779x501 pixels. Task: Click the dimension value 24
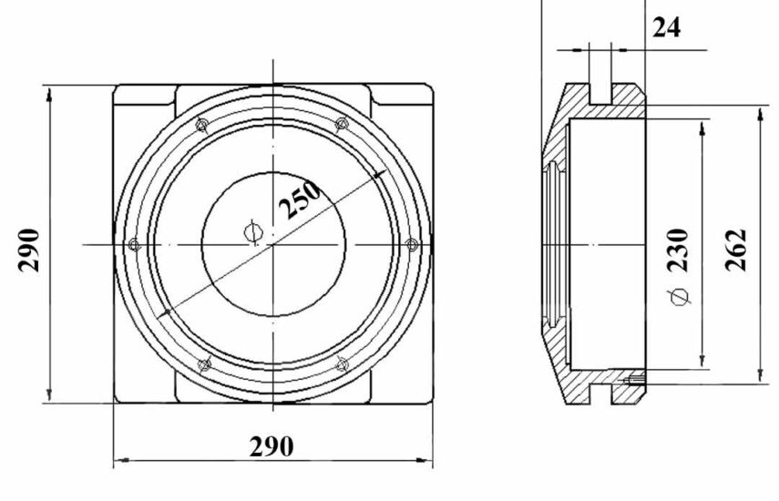point(666,27)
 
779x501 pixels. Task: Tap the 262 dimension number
point(736,250)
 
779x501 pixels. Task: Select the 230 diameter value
point(678,250)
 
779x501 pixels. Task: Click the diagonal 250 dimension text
point(300,199)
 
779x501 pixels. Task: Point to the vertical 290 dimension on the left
point(28,250)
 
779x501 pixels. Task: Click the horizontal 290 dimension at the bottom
point(272,446)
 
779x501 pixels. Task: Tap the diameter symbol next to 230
point(679,297)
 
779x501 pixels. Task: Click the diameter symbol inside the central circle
point(253,232)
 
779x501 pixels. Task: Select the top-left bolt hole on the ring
point(201,125)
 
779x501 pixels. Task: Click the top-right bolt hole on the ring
point(343,124)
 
